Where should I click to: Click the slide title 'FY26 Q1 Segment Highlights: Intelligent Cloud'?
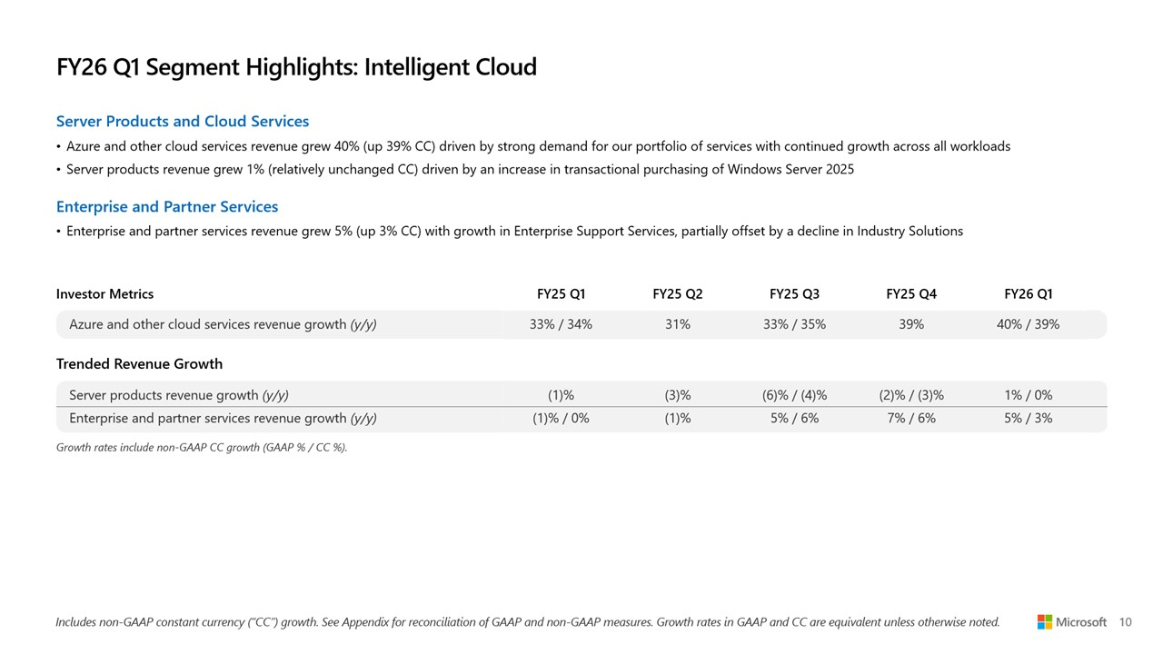point(296,67)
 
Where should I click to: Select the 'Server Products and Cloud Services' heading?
point(183,122)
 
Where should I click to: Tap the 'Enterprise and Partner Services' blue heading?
point(167,207)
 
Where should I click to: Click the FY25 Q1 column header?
point(561,294)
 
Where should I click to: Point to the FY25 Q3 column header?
point(794,294)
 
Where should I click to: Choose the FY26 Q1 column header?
point(1028,294)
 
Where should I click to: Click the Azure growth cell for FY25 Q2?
point(677,324)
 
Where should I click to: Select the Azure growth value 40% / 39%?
point(1028,324)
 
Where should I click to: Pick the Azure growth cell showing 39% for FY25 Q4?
point(910,324)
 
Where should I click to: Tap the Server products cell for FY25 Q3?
point(794,395)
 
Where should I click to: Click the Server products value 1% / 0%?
point(1028,395)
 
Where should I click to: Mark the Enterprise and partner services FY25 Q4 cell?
point(910,419)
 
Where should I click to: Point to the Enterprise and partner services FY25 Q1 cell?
point(561,419)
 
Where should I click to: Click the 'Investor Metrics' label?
point(104,294)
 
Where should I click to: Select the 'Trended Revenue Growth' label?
point(139,364)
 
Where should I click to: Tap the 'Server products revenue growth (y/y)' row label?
point(179,395)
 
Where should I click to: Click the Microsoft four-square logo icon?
point(1045,622)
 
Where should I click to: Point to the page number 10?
point(1125,622)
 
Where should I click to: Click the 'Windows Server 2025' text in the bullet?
point(790,170)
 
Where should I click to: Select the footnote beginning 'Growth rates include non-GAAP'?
point(202,447)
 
